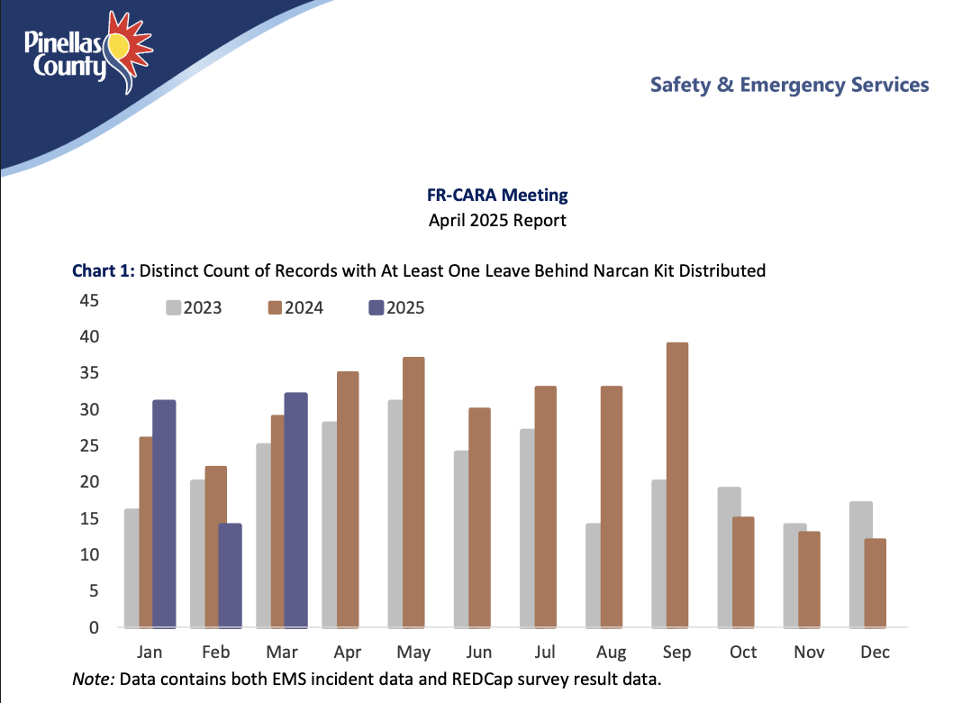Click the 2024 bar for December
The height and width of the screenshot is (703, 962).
pyautogui.click(x=875, y=583)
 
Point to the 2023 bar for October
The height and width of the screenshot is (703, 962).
pyautogui.click(x=729, y=557)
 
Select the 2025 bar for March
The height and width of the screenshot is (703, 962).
pyautogui.click(x=295, y=510)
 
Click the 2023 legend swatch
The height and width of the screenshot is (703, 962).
pyautogui.click(x=173, y=307)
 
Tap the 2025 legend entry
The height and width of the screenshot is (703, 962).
pyautogui.click(x=395, y=307)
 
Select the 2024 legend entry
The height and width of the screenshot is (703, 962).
pyautogui.click(x=295, y=307)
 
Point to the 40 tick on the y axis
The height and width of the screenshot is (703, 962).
pyautogui.click(x=87, y=337)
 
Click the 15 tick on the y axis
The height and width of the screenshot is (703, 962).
pyautogui.click(x=87, y=518)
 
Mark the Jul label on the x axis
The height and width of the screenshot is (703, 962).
pyautogui.click(x=545, y=652)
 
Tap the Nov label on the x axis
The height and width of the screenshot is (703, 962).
pyautogui.click(x=809, y=652)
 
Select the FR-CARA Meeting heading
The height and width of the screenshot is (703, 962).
pyautogui.click(x=497, y=195)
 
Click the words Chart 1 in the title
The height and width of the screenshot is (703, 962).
pyautogui.click(x=103, y=269)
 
